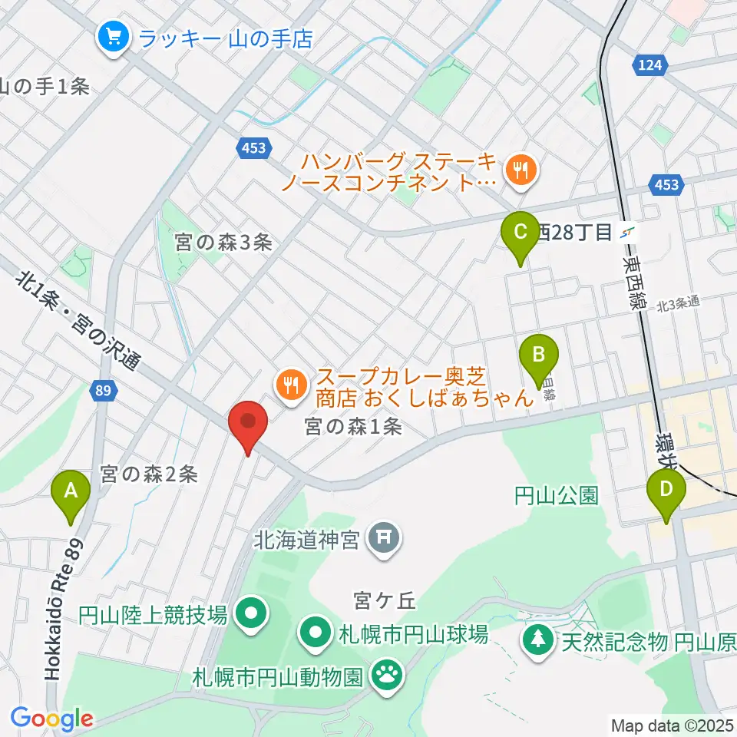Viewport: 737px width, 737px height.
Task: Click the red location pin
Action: (248, 425)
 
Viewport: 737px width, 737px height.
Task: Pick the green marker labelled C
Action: (520, 235)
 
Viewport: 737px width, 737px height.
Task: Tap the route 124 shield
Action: (649, 66)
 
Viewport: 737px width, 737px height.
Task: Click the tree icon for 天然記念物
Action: (538, 639)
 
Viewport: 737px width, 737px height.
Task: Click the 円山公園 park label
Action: (556, 496)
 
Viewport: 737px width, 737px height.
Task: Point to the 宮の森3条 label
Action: (223, 243)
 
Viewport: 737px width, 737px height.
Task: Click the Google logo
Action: (51, 719)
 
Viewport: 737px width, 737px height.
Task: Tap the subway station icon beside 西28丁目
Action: (629, 232)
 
